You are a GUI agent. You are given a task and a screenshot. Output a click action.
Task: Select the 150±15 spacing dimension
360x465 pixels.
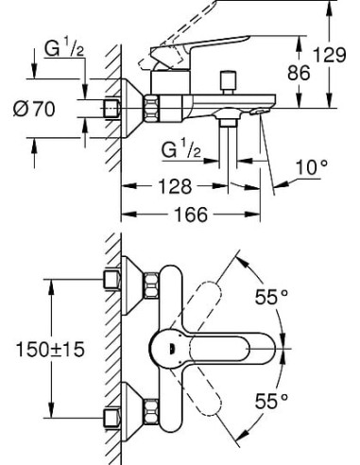[x=47, y=350]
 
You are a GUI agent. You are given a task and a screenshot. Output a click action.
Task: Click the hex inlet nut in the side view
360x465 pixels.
[x=113, y=108]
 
